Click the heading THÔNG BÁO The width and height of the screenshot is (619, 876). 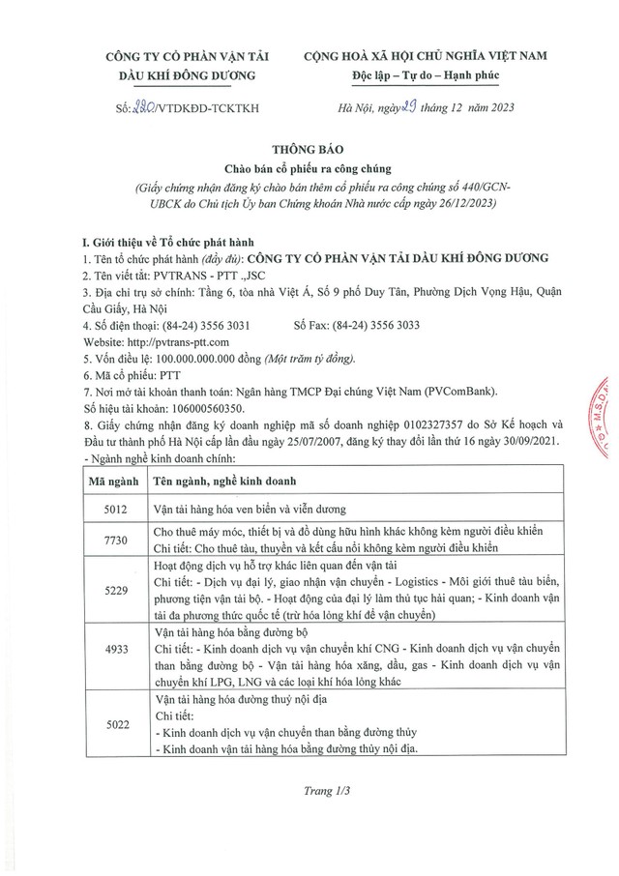[x=309, y=150]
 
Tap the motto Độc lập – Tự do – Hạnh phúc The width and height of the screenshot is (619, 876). [x=445, y=75]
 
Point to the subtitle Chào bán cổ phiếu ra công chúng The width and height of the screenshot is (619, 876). [x=309, y=170]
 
